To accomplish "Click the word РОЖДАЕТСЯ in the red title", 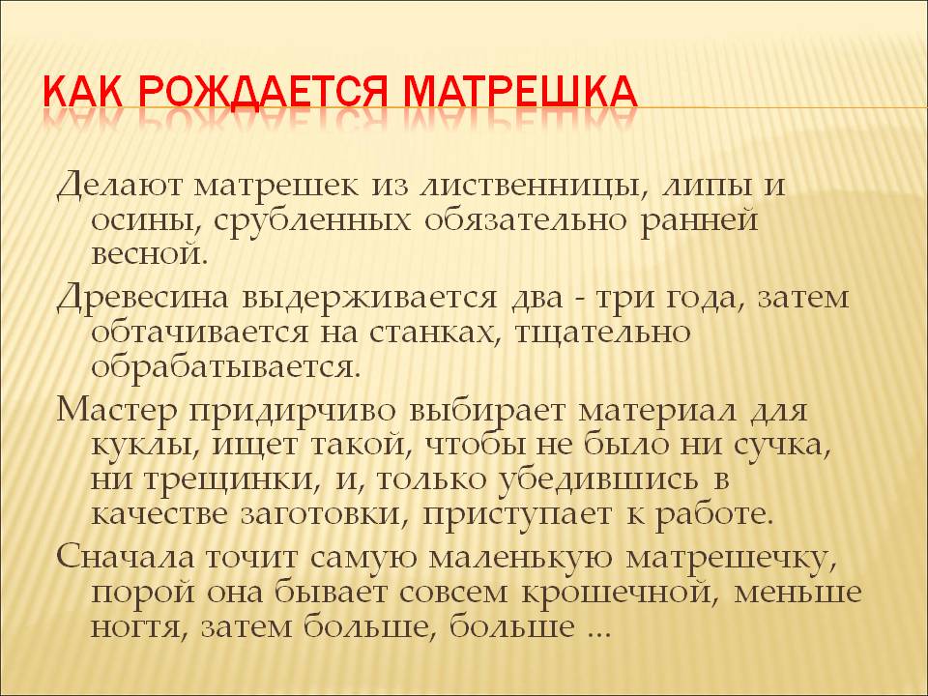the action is (263, 92).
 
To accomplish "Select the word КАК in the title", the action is (83, 92).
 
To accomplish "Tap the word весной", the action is (151, 254).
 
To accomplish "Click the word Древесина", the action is (143, 298).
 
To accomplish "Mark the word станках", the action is (435, 333).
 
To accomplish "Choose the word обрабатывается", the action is (226, 367).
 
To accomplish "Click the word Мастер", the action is (117, 410).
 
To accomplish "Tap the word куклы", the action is (146, 446).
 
